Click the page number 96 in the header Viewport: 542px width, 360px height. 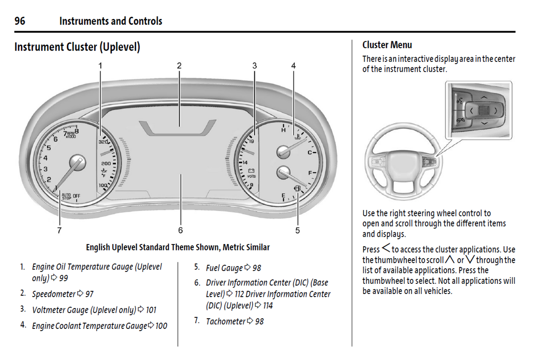(20, 21)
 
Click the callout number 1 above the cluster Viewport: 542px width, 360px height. (100, 66)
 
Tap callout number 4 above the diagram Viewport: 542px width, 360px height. (293, 66)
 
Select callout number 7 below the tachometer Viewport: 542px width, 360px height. (59, 230)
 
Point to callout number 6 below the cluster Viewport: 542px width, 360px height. (180, 230)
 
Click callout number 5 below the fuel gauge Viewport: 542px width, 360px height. (297, 230)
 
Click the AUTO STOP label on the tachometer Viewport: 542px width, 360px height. (66, 196)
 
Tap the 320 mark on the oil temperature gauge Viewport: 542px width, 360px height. (103, 142)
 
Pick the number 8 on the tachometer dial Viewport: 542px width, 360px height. (77, 131)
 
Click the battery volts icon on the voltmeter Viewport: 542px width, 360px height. (251, 171)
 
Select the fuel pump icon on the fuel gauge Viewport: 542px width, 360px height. (297, 188)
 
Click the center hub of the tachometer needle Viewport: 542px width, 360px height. (78, 163)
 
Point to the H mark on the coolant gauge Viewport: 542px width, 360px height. (284, 130)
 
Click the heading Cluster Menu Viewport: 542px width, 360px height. (387, 45)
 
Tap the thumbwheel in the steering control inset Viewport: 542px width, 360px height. (484, 110)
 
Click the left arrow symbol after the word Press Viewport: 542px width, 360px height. (386, 248)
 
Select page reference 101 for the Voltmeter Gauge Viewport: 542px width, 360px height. (151, 310)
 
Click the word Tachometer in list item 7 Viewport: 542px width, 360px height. (225, 321)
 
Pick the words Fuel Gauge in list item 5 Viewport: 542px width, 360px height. (224, 268)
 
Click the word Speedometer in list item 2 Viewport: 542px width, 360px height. (54, 294)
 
